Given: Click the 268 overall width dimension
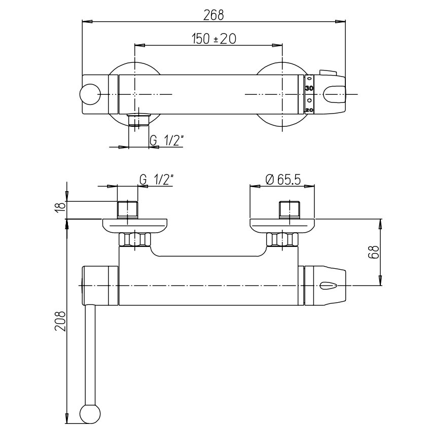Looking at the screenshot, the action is pos(213,15).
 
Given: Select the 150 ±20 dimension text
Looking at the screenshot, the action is pos(213,39).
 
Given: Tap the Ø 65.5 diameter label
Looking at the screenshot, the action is pos(283,180).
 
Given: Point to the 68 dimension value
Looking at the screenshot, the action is pos(373,252).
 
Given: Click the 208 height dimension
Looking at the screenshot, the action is pos(60,321).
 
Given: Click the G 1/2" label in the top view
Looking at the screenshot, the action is pos(166,140).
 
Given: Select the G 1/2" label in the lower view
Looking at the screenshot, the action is pos(157,180).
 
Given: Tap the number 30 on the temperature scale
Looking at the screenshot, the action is pos(309,88).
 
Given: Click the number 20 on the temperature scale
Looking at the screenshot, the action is pos(309,110).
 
